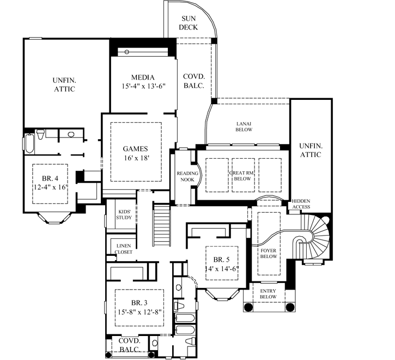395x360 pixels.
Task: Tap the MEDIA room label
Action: click(x=143, y=77)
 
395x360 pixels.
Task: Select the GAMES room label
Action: click(x=136, y=148)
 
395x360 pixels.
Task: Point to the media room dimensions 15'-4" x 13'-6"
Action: click(x=143, y=86)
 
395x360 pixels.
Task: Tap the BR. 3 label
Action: click(x=138, y=303)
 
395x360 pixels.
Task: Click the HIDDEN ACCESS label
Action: click(x=301, y=204)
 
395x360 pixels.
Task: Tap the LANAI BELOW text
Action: click(x=243, y=126)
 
